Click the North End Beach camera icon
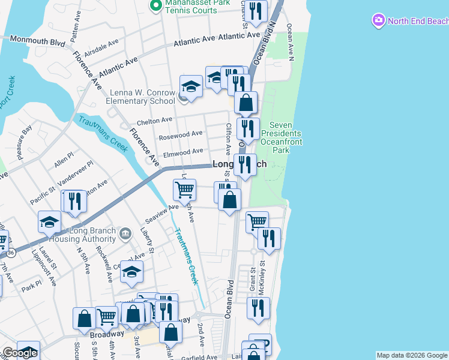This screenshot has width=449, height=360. [x=379, y=21]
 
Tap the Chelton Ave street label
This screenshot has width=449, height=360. [x=154, y=121]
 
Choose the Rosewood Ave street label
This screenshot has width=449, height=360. [x=180, y=134]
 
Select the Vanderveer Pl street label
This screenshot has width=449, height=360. [x=74, y=172]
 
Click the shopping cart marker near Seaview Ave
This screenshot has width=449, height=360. [x=184, y=190]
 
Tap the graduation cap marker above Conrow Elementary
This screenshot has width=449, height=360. [x=191, y=86]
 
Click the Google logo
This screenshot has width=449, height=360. [x=20, y=353]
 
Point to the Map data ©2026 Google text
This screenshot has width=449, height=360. [x=412, y=355]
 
